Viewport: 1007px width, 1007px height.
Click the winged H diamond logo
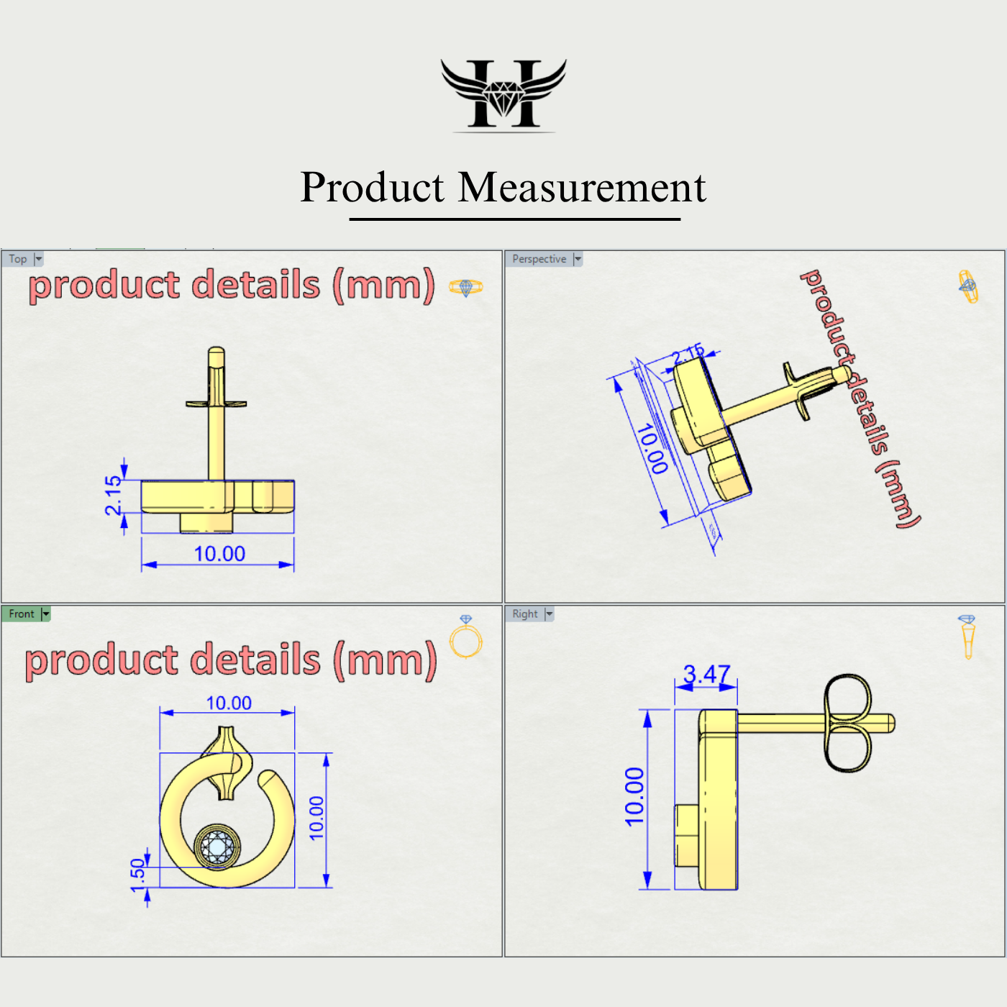pyautogui.click(x=503, y=95)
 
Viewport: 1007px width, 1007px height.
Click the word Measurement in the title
pyautogui.click(x=582, y=188)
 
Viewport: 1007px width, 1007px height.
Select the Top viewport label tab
pyautogui.click(x=18, y=259)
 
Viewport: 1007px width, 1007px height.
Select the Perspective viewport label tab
pyautogui.click(x=539, y=259)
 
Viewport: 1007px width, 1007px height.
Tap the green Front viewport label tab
pyautogui.click(x=22, y=614)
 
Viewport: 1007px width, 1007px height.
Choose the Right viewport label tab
pyautogui.click(x=525, y=614)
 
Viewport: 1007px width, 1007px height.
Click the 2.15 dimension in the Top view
pyautogui.click(x=114, y=495)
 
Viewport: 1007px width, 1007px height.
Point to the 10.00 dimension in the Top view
pyautogui.click(x=219, y=554)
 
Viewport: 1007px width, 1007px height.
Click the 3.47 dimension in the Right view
pyautogui.click(x=706, y=674)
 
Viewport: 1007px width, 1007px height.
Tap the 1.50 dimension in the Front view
pyautogui.click(x=137, y=875)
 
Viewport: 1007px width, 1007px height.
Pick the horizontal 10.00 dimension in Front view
pyautogui.click(x=229, y=703)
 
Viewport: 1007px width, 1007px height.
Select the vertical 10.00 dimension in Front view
pyautogui.click(x=316, y=818)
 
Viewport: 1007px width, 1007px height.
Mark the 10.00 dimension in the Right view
pyautogui.click(x=634, y=796)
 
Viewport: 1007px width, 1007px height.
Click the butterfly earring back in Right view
pyautogui.click(x=847, y=723)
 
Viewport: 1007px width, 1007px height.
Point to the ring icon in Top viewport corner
pyautogui.click(x=466, y=288)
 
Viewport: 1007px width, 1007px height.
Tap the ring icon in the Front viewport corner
pyautogui.click(x=466, y=637)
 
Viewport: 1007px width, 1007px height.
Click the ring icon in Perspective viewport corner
pyautogui.click(x=968, y=286)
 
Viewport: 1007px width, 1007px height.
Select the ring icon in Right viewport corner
pyautogui.click(x=967, y=637)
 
